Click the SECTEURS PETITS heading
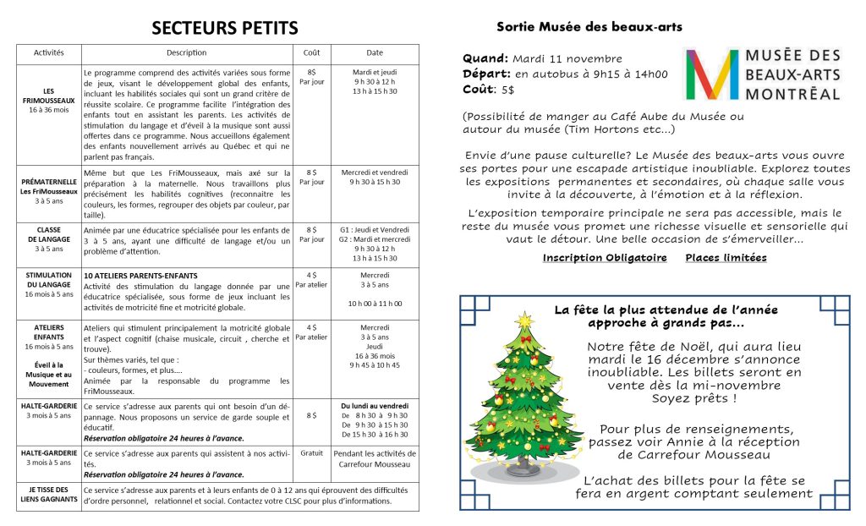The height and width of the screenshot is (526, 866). (x=224, y=29)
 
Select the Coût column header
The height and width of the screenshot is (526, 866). (x=311, y=52)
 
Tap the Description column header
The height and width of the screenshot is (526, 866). (x=186, y=52)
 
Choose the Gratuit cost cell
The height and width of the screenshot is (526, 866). (x=311, y=453)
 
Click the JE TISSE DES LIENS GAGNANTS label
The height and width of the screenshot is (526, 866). (x=48, y=495)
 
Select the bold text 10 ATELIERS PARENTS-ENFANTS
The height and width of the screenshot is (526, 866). (x=140, y=276)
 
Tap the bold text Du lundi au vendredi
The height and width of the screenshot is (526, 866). (x=375, y=406)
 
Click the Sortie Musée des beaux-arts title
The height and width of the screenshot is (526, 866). (x=589, y=27)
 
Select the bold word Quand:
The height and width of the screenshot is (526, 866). (x=485, y=59)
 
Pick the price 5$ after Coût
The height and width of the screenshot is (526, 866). (x=507, y=90)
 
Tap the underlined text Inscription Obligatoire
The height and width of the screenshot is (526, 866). (x=605, y=258)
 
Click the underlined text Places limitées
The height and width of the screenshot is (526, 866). (x=726, y=258)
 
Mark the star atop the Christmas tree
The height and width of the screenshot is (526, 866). (x=524, y=320)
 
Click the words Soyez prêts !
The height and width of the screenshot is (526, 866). (x=693, y=398)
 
